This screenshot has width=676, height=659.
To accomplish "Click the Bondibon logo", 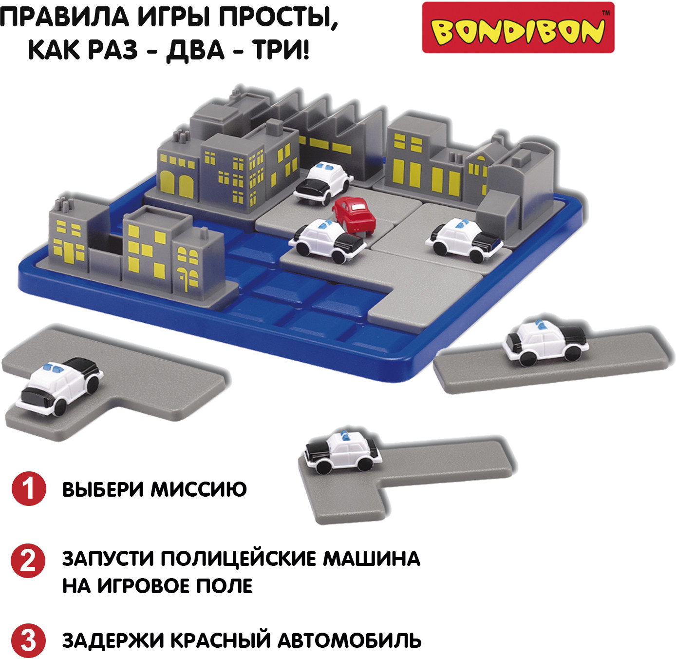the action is [x=518, y=27].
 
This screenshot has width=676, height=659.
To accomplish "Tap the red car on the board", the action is [x=354, y=214].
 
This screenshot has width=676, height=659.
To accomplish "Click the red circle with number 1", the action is [x=29, y=488].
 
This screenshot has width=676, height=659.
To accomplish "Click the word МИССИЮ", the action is [x=199, y=489].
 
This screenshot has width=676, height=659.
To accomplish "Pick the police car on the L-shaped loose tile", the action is [x=343, y=452].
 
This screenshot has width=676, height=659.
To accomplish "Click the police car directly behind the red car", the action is [x=323, y=183].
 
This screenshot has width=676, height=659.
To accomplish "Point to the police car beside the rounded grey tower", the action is [x=464, y=239].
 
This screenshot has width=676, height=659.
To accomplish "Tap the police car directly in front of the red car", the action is [x=327, y=240].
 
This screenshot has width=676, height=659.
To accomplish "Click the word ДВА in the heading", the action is [x=195, y=50].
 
